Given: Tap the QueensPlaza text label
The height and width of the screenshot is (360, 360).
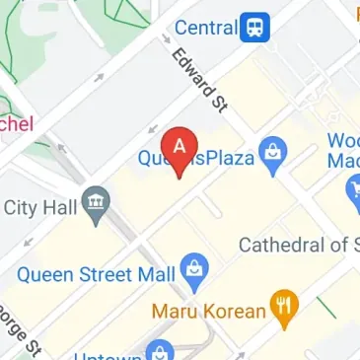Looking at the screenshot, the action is (195, 157).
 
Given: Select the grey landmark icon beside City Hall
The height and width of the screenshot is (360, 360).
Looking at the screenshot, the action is (97, 205).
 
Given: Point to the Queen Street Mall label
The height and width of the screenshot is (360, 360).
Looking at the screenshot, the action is (96, 273).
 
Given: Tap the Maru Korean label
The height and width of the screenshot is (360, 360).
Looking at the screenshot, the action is (209, 311).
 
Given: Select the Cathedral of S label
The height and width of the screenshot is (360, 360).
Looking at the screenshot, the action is (298, 245).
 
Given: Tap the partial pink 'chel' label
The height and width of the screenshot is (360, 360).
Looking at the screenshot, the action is (17, 123).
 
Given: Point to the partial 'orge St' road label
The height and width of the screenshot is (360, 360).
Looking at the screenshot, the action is (27, 332).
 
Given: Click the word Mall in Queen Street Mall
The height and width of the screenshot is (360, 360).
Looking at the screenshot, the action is (154, 273).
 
